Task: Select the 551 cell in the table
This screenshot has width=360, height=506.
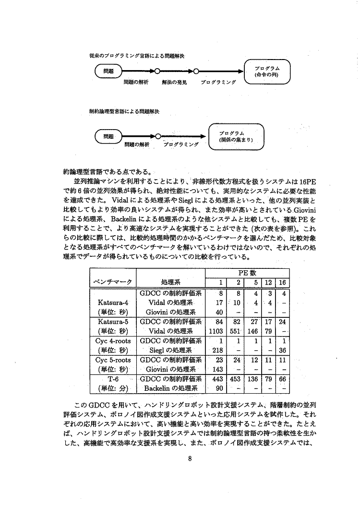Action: [x=235, y=331]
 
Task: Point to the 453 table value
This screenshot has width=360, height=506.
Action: [x=235, y=379]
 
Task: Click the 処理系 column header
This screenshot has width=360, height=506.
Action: [x=170, y=282]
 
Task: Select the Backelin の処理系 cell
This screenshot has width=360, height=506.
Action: [x=170, y=388]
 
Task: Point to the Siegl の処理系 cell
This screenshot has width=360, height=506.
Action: [x=170, y=350]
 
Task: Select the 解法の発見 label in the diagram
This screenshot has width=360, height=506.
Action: [x=174, y=82]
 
